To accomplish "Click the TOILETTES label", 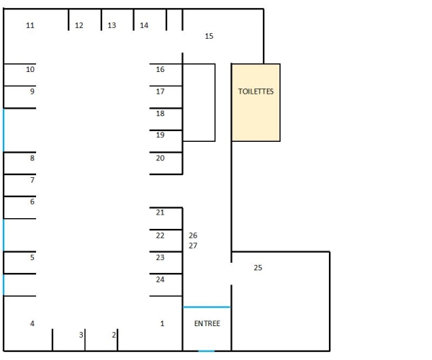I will point(256,91).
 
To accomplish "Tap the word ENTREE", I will point(207,323).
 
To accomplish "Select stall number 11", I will point(30,25).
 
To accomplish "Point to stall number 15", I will point(210,35).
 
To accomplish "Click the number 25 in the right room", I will point(258,268).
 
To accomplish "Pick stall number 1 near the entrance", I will point(162,323).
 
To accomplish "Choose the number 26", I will point(193,235).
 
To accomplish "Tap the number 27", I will point(193,246).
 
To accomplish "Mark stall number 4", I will point(32,323).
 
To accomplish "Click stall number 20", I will point(160,158).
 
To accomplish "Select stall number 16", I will point(160,69).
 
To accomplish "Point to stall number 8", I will point(32,158).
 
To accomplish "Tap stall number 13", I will point(112,25).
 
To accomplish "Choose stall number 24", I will point(160,279).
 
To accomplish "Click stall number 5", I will point(32,257).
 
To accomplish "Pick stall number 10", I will point(30,69).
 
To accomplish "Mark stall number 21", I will point(160,212).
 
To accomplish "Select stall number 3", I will point(81,335).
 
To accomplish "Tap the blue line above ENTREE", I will point(207,307).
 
